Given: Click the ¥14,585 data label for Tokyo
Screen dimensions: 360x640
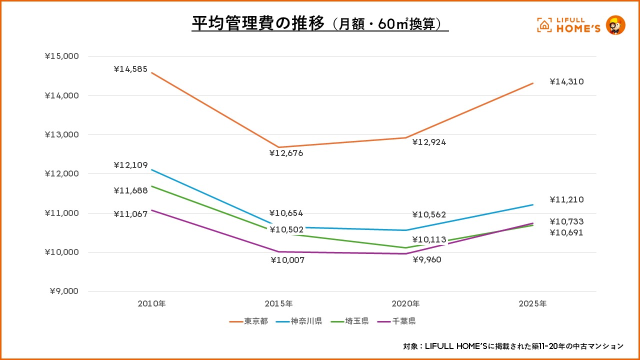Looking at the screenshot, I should point(130,69).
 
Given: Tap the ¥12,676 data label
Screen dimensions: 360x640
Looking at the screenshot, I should point(286,153).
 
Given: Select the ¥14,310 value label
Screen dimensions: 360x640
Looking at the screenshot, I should point(566,81).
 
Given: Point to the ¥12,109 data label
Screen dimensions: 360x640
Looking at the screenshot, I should point(130,165).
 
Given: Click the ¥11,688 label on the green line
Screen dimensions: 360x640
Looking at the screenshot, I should point(130,190).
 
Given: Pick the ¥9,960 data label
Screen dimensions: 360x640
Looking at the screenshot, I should point(426,259).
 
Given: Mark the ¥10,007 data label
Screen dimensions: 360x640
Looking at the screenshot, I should point(287,260).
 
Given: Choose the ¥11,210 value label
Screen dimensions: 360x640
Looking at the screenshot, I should point(566,199).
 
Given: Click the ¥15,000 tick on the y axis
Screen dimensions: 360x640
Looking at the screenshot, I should point(62,56).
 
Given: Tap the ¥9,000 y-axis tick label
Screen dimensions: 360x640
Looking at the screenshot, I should point(64,291).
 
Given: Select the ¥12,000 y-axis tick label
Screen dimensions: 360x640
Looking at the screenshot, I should point(62,173).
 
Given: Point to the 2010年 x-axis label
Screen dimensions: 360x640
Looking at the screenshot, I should point(151,303).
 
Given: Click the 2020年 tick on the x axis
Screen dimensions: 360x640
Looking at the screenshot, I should point(405,303).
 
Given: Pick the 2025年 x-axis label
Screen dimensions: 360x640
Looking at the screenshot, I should point(532,303).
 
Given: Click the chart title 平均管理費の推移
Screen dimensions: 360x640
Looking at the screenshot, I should point(258,23).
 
